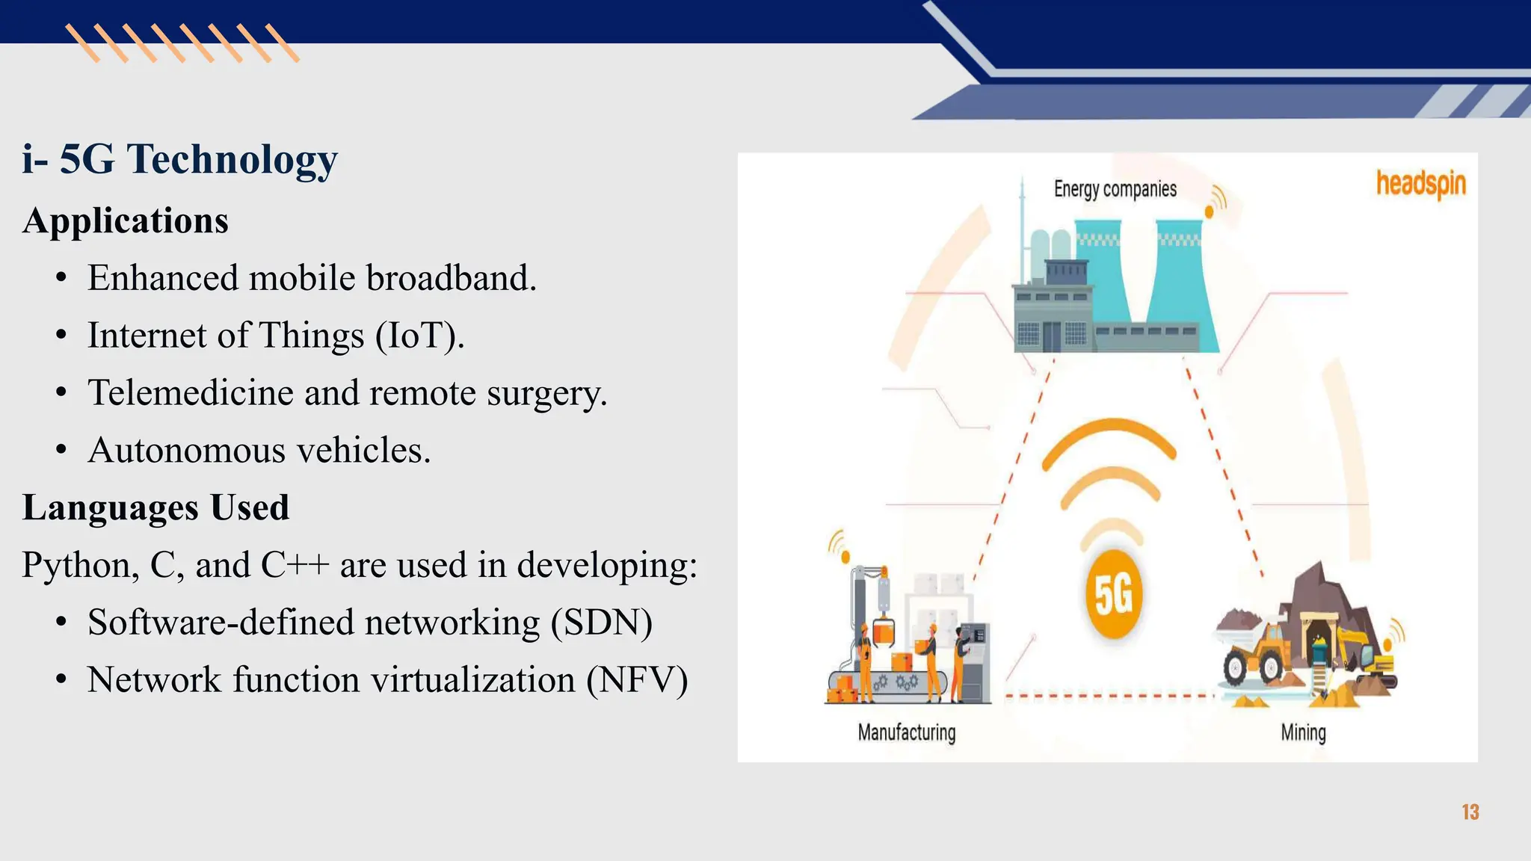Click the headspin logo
(1420, 184)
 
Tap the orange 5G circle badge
(1113, 595)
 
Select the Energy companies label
(1115, 189)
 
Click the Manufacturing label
(906, 732)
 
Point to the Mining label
(1303, 732)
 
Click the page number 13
(1470, 812)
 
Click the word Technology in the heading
(232, 159)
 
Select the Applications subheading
(126, 220)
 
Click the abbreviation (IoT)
(419, 336)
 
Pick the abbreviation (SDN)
(602, 623)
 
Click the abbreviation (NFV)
(637, 680)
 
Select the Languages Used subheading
(155, 507)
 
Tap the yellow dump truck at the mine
(1256, 650)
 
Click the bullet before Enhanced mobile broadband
(62, 279)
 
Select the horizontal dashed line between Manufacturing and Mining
(1110, 697)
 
